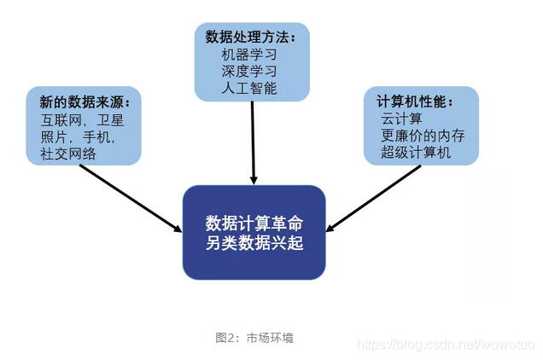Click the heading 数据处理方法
pos(250,38)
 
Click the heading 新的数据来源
pos(84,103)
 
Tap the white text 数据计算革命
pos(254,223)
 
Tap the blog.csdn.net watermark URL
pos(445,344)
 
